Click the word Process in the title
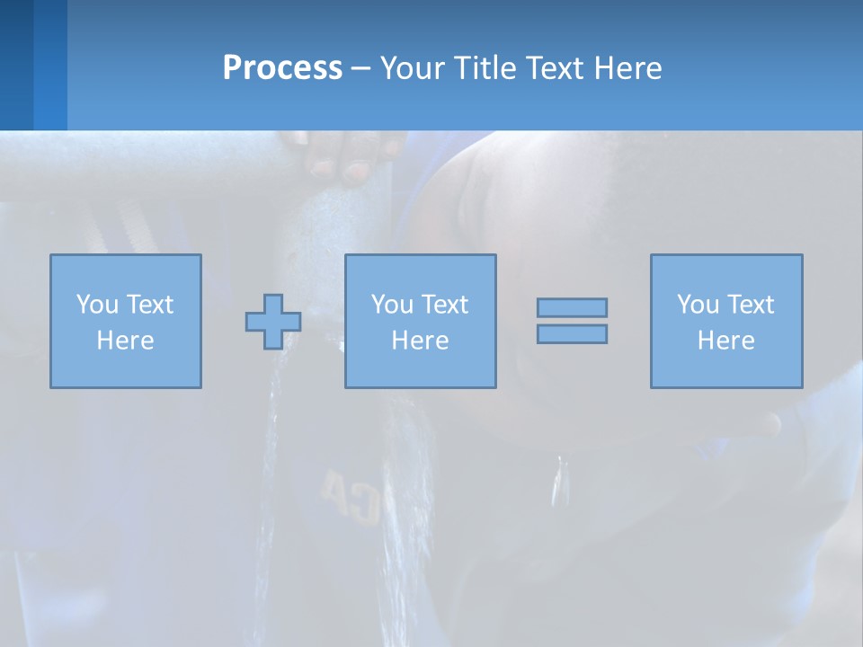click(x=282, y=67)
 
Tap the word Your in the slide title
click(x=414, y=67)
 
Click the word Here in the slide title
click(x=627, y=67)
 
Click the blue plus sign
click(x=273, y=321)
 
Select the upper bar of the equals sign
click(x=572, y=307)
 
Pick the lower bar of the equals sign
click(x=572, y=333)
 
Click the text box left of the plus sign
click(x=126, y=321)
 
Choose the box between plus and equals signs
click(x=421, y=321)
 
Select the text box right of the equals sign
click(x=726, y=321)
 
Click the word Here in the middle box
click(x=421, y=341)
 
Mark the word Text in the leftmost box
click(x=149, y=305)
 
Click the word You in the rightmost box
click(x=698, y=305)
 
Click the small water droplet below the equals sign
click(x=561, y=481)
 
